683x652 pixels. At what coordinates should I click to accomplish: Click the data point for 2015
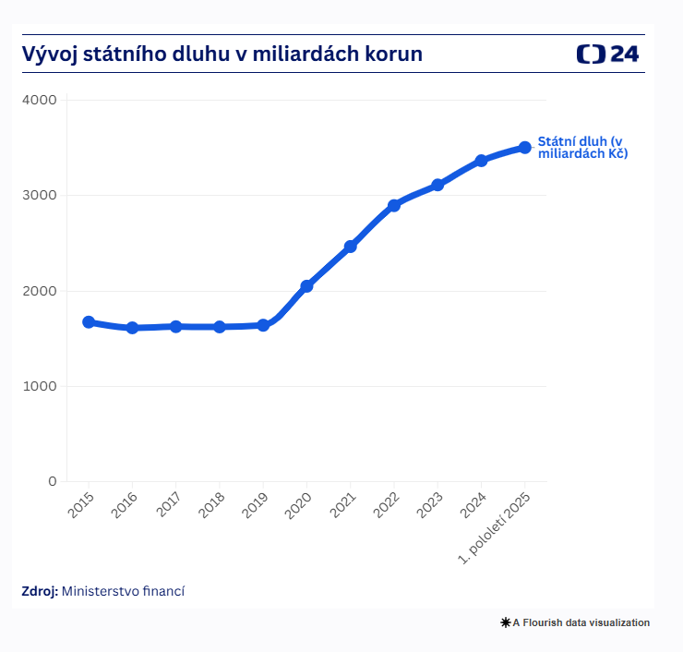pyautogui.click(x=89, y=322)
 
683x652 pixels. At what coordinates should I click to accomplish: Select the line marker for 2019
pyautogui.click(x=263, y=325)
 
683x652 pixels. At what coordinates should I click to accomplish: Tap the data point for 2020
pyautogui.click(x=306, y=286)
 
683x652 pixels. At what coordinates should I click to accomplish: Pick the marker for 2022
pyautogui.click(x=394, y=205)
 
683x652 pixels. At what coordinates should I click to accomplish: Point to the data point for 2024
pyautogui.click(x=481, y=161)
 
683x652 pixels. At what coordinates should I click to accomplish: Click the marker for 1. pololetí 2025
pyautogui.click(x=524, y=147)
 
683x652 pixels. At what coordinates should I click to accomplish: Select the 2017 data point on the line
pyautogui.click(x=175, y=326)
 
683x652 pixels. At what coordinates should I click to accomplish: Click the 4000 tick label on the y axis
pyautogui.click(x=39, y=100)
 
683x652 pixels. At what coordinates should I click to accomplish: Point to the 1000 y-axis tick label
pyautogui.click(x=39, y=386)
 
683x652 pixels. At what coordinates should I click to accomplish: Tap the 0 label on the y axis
pyautogui.click(x=52, y=481)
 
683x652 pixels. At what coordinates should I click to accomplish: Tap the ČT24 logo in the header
pyautogui.click(x=607, y=54)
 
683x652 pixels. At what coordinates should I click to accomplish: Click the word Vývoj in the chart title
pyautogui.click(x=48, y=54)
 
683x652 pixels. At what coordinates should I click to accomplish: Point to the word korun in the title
pyautogui.click(x=394, y=54)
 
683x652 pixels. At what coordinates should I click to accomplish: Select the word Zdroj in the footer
pyautogui.click(x=40, y=590)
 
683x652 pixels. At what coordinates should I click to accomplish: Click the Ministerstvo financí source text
pyautogui.click(x=124, y=590)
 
